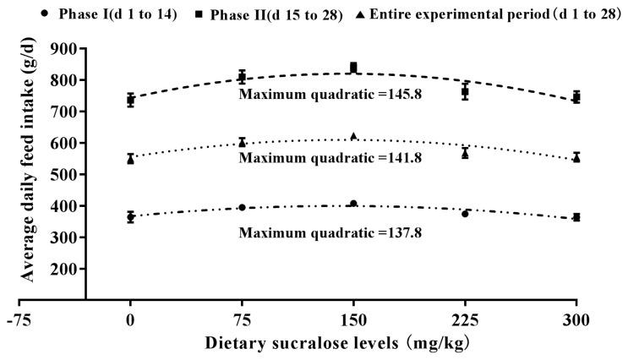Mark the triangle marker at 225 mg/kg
click(x=465, y=153)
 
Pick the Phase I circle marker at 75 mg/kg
click(x=242, y=207)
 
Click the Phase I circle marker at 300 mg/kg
click(x=576, y=217)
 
